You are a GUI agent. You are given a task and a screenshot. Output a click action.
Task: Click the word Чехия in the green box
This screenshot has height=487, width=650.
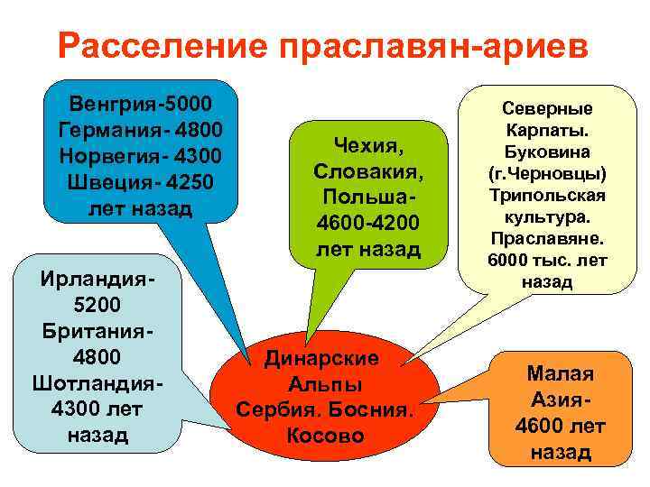click(x=367, y=143)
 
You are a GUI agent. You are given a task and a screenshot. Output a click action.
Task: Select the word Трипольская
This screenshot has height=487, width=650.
click(x=547, y=195)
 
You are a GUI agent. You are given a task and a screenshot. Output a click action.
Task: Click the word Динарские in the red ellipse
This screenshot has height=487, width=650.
click(x=321, y=358)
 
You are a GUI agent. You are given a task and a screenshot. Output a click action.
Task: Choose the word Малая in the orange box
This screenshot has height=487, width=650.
click(x=561, y=373)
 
